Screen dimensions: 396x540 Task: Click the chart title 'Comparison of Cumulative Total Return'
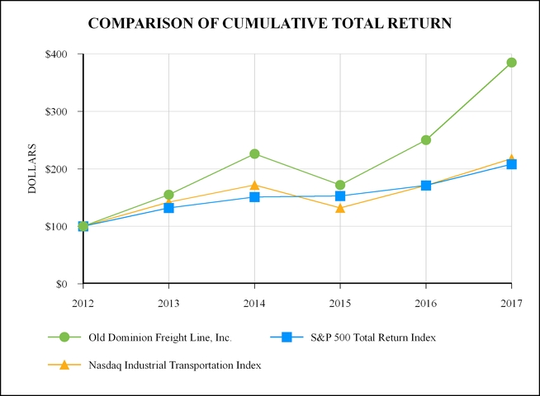269,23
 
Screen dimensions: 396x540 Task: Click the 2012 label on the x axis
83,303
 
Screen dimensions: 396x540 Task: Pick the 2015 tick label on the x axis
340,303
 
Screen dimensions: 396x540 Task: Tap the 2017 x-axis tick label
511,303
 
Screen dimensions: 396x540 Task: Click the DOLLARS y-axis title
33,169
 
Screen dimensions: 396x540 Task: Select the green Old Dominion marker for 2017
511,63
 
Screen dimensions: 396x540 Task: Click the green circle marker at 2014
254,153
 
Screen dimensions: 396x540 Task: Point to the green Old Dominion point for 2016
426,140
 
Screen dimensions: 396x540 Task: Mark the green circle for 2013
168,195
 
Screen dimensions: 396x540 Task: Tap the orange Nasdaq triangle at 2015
340,208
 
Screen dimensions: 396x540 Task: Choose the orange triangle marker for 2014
254,186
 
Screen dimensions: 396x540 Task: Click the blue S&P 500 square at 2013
168,208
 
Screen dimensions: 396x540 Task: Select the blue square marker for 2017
511,164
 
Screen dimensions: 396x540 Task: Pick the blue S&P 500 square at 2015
340,196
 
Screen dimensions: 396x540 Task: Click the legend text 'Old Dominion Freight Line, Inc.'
171,337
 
